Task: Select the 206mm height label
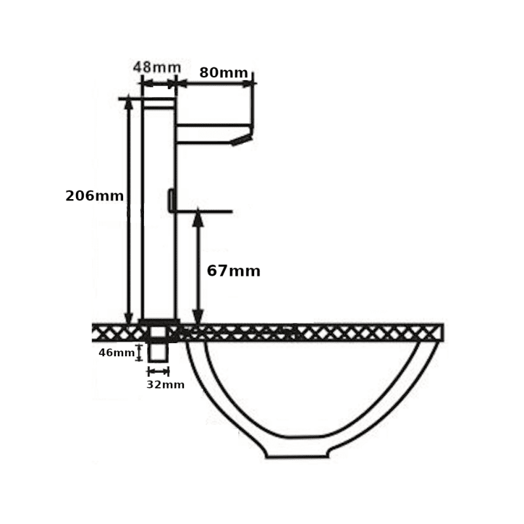94,195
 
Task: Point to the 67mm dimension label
233,271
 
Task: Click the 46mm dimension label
116,352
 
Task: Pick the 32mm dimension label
165,384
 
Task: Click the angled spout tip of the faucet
242,138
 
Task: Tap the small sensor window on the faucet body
170,200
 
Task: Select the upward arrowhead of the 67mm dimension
198,219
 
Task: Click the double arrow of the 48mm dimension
159,83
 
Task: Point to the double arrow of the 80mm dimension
215,83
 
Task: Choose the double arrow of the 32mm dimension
158,371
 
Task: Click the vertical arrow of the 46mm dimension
139,352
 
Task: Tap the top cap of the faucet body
159,103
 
